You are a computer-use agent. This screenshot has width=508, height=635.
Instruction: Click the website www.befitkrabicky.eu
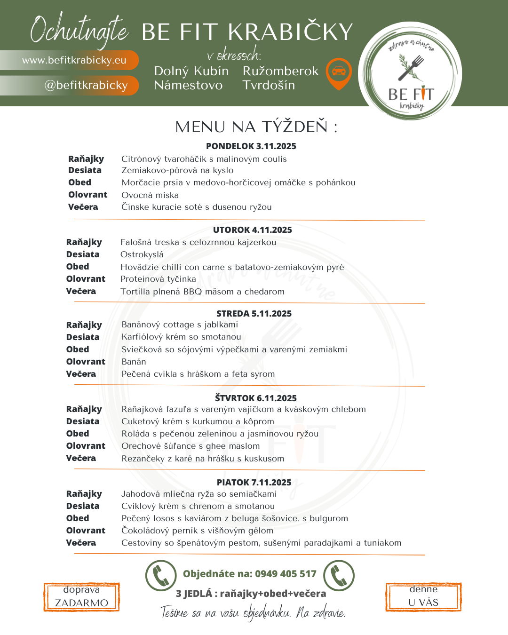point(74,60)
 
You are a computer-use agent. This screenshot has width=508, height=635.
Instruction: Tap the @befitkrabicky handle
point(86,85)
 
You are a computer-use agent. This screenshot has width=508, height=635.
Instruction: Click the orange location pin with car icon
point(339,73)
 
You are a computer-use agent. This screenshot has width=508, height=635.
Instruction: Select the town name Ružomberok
point(280,71)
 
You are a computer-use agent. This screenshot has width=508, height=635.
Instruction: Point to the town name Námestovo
point(188,85)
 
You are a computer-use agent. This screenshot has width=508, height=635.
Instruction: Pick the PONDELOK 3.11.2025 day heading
point(251,146)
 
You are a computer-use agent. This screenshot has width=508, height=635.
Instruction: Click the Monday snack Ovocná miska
point(150,195)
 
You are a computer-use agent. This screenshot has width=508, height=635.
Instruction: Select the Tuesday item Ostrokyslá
point(142,254)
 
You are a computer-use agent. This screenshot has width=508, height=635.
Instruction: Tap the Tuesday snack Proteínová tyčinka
point(158,279)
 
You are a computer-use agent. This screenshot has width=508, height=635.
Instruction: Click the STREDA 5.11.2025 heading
point(254,314)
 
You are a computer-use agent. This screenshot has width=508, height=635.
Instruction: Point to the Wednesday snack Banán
point(134,362)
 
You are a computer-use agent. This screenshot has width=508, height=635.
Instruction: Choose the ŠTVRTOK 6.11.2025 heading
point(256,398)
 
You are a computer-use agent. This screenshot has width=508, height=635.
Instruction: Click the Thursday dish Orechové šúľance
point(190,446)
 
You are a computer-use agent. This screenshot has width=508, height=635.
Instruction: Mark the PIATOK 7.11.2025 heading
point(254,483)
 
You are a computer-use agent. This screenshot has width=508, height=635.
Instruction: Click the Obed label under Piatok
point(78,518)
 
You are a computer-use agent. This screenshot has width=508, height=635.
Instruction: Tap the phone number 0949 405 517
point(286,574)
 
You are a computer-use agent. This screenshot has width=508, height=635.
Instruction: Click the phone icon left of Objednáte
point(161,575)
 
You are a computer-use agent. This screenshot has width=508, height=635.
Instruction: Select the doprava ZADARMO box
point(81,597)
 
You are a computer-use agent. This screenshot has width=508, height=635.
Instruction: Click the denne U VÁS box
point(423,596)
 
